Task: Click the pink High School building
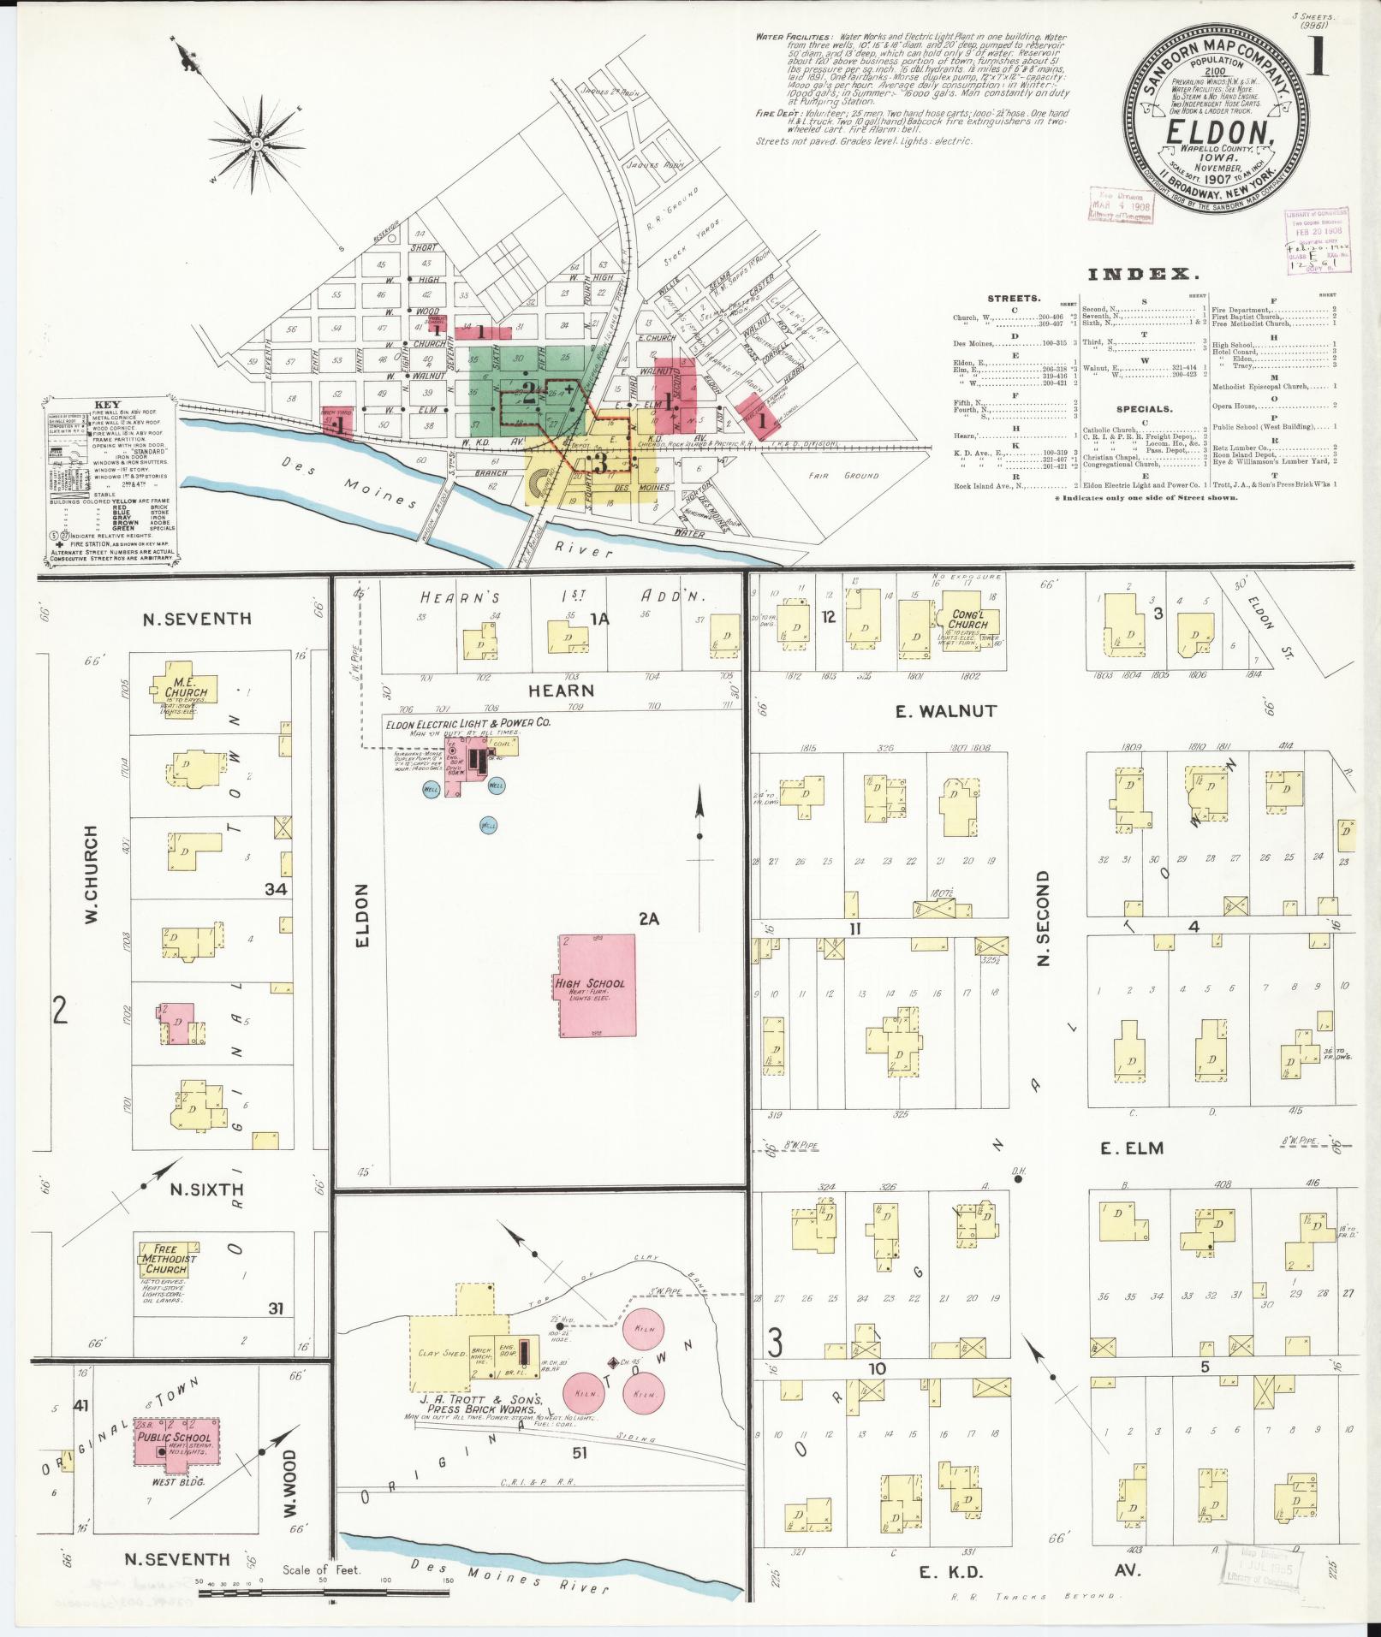click(x=598, y=985)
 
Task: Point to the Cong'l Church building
click(x=967, y=620)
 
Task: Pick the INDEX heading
click(x=1142, y=275)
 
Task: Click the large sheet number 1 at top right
click(x=1319, y=53)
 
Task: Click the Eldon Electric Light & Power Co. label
click(x=467, y=723)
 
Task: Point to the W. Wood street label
click(x=289, y=1495)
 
